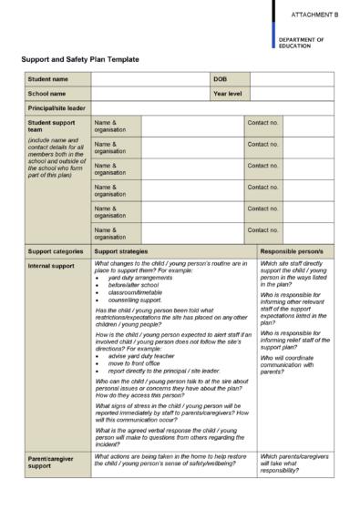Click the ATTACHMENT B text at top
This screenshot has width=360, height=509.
(314, 15)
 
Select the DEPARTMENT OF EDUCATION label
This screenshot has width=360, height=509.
(302, 43)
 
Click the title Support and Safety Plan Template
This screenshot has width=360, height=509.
(80, 60)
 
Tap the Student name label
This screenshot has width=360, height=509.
(47, 79)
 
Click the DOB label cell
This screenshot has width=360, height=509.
(220, 79)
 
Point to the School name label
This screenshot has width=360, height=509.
(46, 93)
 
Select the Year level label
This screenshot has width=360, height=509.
(227, 93)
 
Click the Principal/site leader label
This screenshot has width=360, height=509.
(56, 107)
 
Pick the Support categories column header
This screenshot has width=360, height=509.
(56, 250)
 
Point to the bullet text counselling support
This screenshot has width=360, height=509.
(135, 300)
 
